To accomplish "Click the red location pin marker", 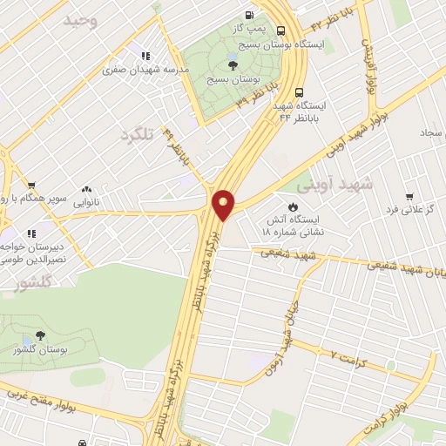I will pyautogui.click(x=224, y=203).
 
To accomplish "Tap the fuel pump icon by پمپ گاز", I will pyautogui.click(x=251, y=15).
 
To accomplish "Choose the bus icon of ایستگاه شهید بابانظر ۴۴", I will pyautogui.click(x=300, y=90).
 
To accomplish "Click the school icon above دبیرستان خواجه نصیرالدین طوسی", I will pyautogui.click(x=32, y=233).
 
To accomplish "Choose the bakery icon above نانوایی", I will pyautogui.click(x=87, y=187).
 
